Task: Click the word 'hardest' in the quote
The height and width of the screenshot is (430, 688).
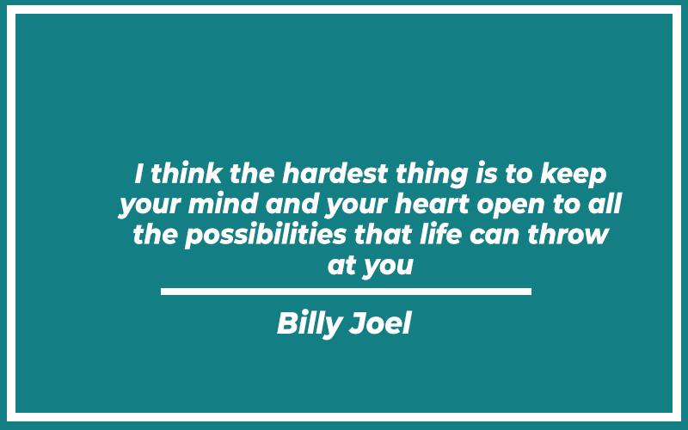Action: pyautogui.click(x=335, y=174)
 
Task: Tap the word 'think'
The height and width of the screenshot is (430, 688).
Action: pyautogui.click(x=186, y=174)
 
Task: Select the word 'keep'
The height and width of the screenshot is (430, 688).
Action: pyautogui.click(x=574, y=175)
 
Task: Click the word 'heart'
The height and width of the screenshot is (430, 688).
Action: pyautogui.click(x=433, y=204)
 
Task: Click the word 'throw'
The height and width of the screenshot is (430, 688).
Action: pyautogui.click(x=568, y=234)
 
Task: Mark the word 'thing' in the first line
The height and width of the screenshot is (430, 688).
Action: pyautogui.click(x=432, y=175)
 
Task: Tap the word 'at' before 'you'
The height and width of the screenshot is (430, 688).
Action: pyautogui.click(x=341, y=266)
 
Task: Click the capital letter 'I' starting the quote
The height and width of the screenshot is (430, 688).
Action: pyautogui.click(x=139, y=174)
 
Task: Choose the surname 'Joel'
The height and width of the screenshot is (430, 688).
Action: pyautogui.click(x=380, y=323)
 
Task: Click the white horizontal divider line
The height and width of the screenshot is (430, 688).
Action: pyautogui.click(x=347, y=292)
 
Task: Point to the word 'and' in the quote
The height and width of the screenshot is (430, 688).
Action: pyautogui.click(x=291, y=204)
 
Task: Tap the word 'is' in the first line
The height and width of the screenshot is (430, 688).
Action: pyautogui.click(x=487, y=174)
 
